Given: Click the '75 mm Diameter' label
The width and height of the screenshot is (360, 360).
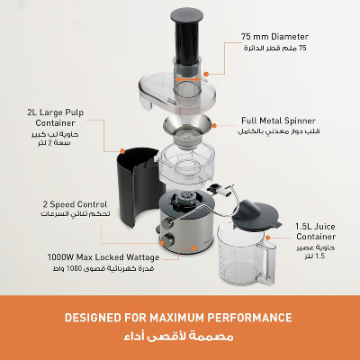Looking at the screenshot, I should [280, 36].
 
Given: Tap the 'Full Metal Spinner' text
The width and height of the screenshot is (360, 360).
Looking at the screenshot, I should [281, 119].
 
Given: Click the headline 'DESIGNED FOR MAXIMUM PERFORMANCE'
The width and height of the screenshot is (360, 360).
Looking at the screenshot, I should [180, 318].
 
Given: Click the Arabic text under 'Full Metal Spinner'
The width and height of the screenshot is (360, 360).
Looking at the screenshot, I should [281, 131].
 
